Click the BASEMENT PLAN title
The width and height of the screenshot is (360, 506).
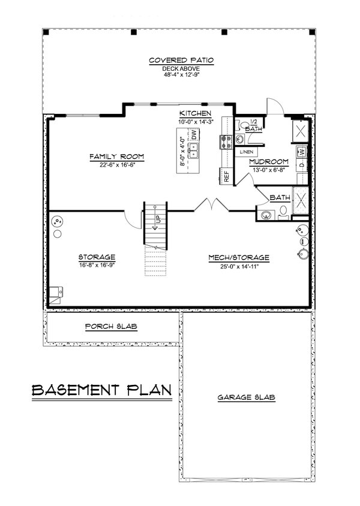tap(101, 390)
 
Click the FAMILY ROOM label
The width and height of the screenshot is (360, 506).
tap(117, 157)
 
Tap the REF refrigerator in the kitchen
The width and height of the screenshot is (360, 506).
tap(227, 177)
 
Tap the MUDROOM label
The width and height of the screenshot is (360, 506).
tap(269, 162)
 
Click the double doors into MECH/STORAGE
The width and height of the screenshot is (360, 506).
tap(210, 206)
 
